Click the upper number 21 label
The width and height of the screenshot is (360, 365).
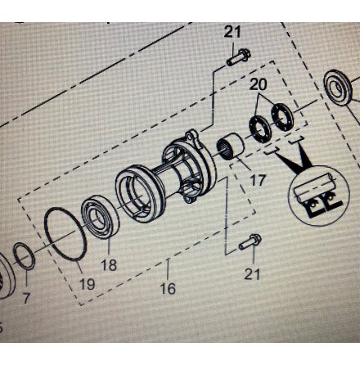pyautogui.click(x=232, y=32)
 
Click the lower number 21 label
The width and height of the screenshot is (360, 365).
pyautogui.click(x=252, y=274)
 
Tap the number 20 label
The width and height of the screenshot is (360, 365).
pyautogui.click(x=258, y=84)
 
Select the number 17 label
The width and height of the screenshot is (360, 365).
pyautogui.click(x=258, y=180)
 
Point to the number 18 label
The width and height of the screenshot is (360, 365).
pyautogui.click(x=109, y=265)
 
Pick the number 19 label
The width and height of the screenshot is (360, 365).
pyautogui.click(x=88, y=284)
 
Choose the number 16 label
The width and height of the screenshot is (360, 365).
pyautogui.click(x=168, y=289)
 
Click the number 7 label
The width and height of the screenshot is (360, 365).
pyautogui.click(x=26, y=298)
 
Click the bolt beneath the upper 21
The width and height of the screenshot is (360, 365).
pyautogui.click(x=238, y=56)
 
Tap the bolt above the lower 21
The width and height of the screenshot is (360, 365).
pyautogui.click(x=250, y=242)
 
